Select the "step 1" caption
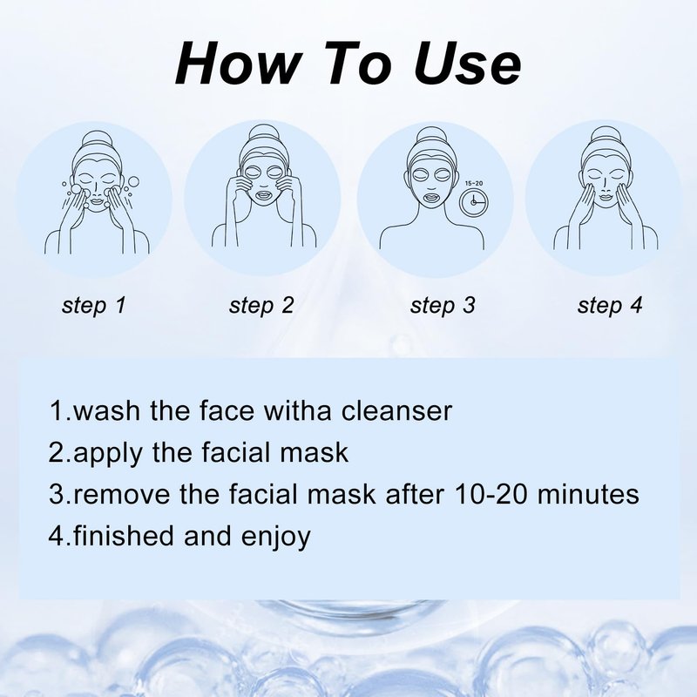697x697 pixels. (94, 306)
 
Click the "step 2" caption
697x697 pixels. (261, 306)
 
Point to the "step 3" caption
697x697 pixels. (443, 306)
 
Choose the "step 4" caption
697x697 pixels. (610, 306)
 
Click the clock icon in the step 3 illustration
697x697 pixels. (473, 202)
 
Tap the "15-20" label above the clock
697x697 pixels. (473, 183)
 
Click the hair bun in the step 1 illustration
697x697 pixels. (96, 139)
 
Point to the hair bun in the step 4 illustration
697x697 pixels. (604, 135)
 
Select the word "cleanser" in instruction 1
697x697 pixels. (396, 410)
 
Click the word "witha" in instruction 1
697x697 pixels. (298, 410)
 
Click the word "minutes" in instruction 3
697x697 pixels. (588, 494)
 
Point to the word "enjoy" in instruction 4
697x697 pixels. (275, 537)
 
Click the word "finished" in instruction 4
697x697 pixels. (123, 535)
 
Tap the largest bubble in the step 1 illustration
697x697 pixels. (133, 182)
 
